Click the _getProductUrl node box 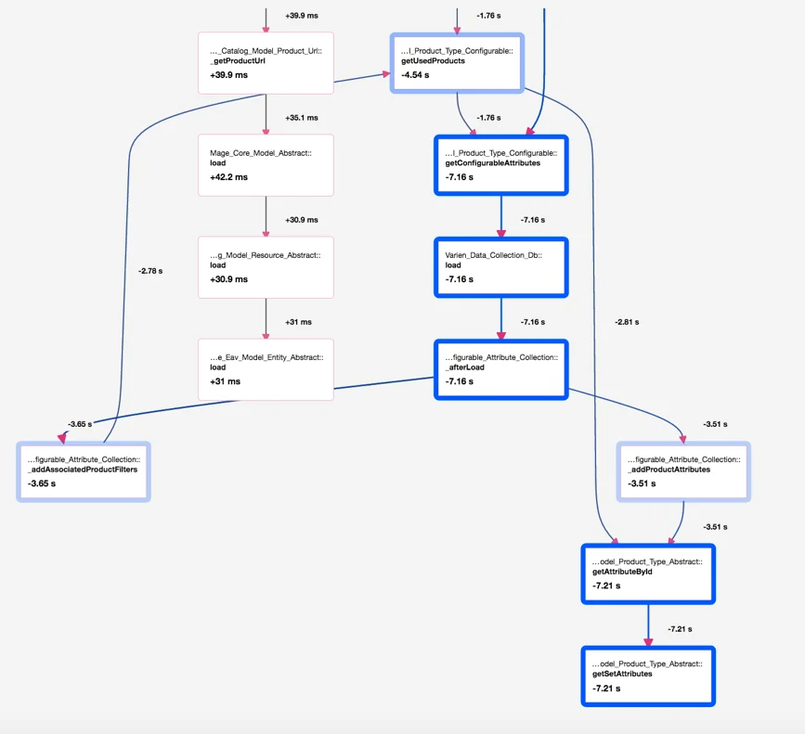click(266, 63)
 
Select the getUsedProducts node click(457, 63)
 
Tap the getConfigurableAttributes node click(501, 165)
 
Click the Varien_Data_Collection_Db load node click(501, 267)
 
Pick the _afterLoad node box click(501, 369)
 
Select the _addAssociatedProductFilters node click(84, 471)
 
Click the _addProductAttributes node click(683, 471)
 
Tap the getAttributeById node click(648, 573)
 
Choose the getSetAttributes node click(648, 676)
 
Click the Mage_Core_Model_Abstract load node click(266, 165)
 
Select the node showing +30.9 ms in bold click(266, 267)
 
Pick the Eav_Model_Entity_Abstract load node click(266, 369)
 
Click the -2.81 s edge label click(627, 322)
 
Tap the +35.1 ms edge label click(302, 118)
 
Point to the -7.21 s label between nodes click(680, 629)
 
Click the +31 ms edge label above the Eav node click(299, 322)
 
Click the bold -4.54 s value click(415, 75)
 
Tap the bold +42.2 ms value click(229, 177)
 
